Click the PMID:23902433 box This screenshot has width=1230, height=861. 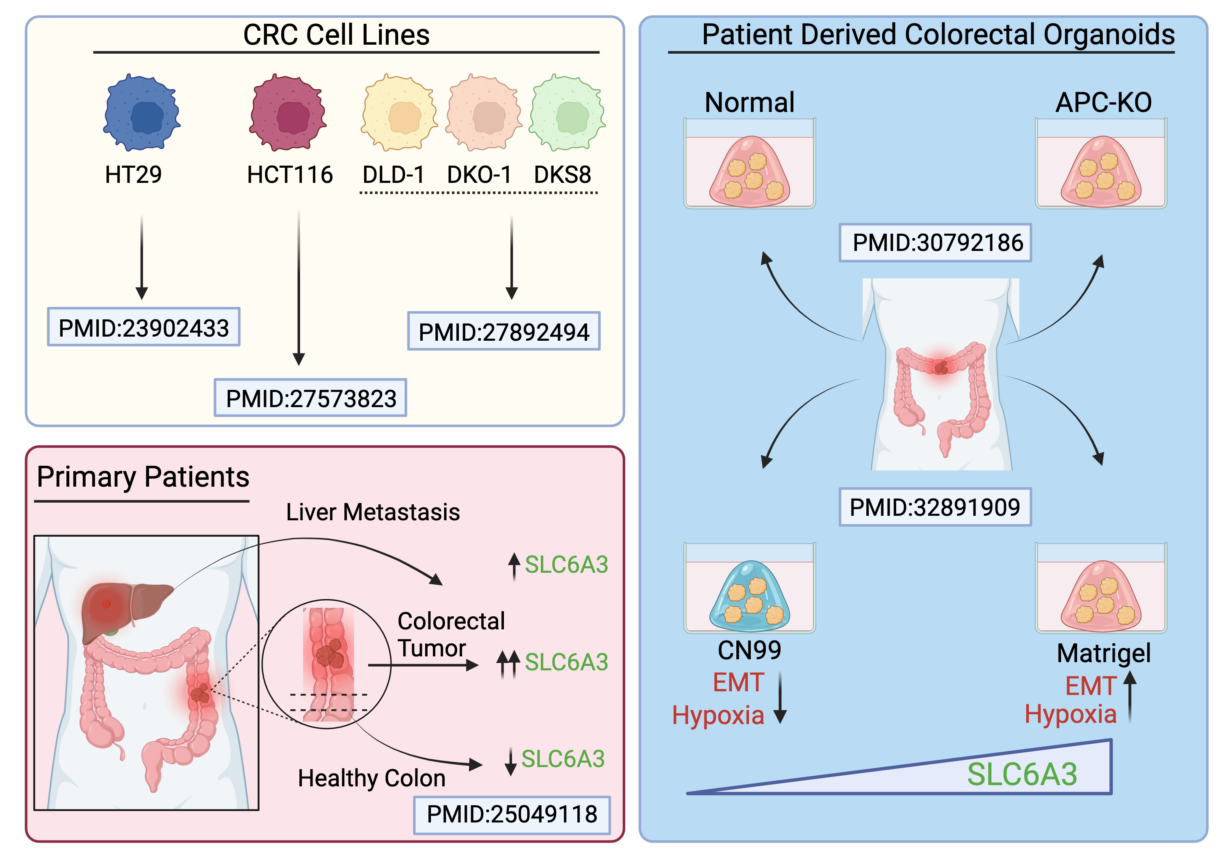[x=143, y=327]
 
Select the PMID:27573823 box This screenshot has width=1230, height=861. [x=311, y=398]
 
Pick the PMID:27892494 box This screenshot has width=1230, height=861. [x=503, y=332]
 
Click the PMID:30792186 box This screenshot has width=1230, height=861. [x=935, y=243]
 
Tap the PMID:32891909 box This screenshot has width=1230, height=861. [x=935, y=507]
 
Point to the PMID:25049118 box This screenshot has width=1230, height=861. [x=512, y=814]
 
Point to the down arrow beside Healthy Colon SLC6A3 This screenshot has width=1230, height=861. [x=510, y=761]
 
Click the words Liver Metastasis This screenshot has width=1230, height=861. [x=373, y=512]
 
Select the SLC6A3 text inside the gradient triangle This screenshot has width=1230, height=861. [x=1022, y=774]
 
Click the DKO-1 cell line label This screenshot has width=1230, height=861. [x=479, y=175]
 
